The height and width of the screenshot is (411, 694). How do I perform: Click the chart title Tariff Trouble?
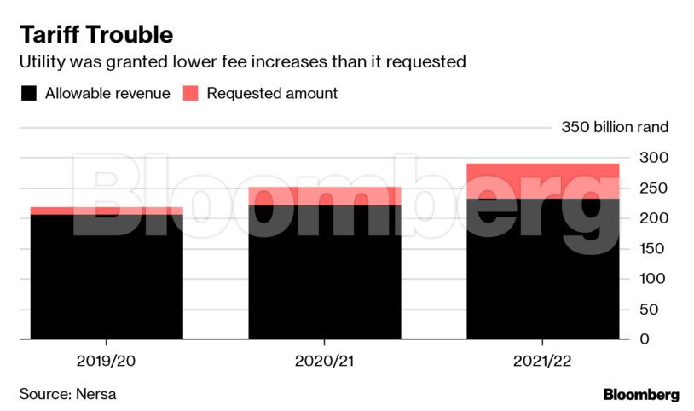point(96,35)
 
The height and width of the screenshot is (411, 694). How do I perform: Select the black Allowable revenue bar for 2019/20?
point(107,277)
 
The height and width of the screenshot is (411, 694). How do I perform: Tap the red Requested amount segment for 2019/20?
point(107,211)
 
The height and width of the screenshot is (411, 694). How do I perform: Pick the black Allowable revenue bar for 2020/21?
point(325,273)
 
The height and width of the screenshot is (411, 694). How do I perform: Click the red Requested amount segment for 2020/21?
point(325,196)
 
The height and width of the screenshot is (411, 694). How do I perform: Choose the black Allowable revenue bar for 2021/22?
point(543,269)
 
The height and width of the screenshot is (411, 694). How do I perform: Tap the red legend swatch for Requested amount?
point(190,94)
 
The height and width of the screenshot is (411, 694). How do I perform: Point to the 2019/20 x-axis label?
point(107,360)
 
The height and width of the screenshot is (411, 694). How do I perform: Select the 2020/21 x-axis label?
point(325,360)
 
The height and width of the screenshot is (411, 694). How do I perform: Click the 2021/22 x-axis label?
point(543,360)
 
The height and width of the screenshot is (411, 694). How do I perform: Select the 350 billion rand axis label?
point(615,128)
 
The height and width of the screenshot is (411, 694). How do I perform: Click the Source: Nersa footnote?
point(68,394)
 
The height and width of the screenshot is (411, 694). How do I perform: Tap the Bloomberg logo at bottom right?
point(641,395)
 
